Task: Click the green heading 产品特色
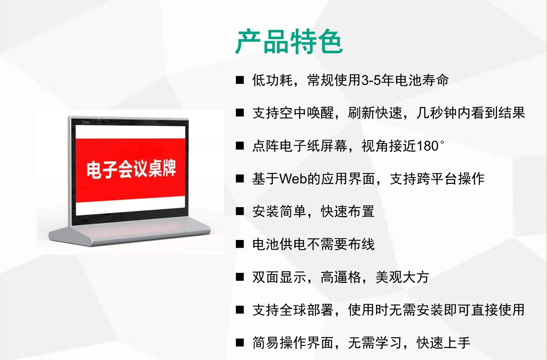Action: (289, 42)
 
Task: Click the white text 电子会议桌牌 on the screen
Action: (131, 170)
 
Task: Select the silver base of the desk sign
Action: (130, 234)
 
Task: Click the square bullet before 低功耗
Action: (240, 80)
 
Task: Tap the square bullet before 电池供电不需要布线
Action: (240, 244)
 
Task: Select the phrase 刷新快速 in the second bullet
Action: (375, 113)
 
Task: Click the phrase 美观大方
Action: (402, 277)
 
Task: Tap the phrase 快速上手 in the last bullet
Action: (444, 343)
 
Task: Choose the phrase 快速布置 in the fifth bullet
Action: (348, 211)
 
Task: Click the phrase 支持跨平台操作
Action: (437, 178)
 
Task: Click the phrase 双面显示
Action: (279, 277)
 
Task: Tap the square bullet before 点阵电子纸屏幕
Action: (240, 146)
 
